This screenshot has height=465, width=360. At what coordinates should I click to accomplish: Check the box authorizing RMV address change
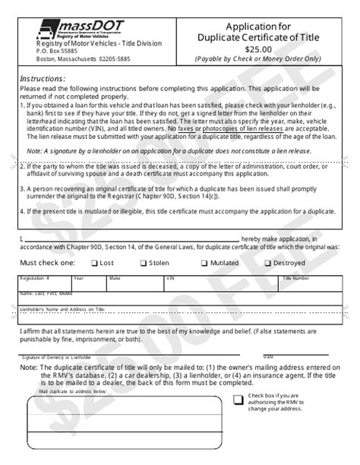pyautogui.click(x=238, y=400)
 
